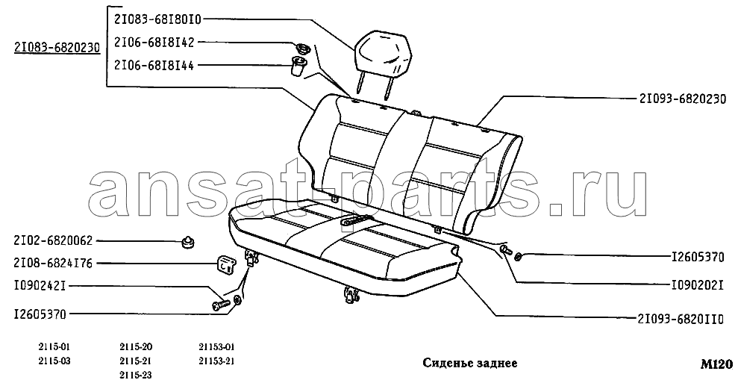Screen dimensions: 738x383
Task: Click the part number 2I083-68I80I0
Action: [157, 19]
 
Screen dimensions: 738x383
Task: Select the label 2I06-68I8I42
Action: [154, 43]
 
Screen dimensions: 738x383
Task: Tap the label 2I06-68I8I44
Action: [154, 65]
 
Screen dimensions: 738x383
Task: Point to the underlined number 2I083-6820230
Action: [57, 47]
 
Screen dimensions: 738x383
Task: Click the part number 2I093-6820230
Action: [683, 99]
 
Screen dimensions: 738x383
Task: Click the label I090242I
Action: [34, 285]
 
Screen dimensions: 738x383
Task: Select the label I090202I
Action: [697, 285]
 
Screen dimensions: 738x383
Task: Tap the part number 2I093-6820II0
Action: [681, 318]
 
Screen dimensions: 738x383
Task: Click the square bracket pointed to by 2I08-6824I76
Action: [225, 264]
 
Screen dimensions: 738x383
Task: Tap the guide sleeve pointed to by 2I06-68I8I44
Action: [298, 66]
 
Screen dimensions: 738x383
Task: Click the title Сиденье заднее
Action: [469, 363]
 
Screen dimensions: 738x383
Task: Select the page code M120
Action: [716, 364]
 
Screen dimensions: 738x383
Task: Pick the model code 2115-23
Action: [136, 376]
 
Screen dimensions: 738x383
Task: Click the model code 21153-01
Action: [216, 347]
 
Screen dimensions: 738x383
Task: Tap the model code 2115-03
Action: [54, 361]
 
